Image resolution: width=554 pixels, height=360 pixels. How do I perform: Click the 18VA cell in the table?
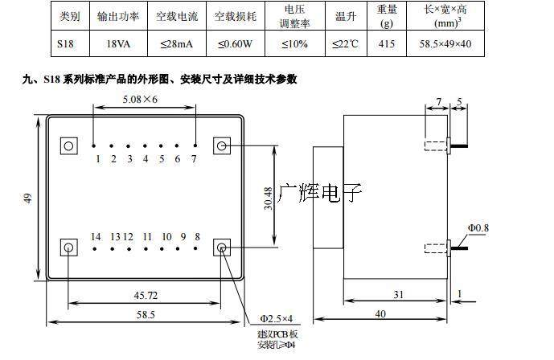click(117, 43)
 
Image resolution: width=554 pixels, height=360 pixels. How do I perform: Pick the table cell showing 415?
click(386, 43)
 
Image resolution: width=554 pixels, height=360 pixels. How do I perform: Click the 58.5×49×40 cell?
click(445, 43)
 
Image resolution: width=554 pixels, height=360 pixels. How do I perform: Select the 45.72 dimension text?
click(145, 295)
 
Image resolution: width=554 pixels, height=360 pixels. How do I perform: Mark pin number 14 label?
click(96, 236)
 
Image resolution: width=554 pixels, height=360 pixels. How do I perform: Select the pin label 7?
click(193, 158)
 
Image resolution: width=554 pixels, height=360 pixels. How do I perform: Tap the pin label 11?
click(146, 236)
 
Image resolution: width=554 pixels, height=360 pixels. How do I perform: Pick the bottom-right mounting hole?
click(222, 247)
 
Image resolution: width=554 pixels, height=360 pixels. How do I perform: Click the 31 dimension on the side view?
click(398, 295)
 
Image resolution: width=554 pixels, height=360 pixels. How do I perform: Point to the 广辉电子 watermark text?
click(320, 193)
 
